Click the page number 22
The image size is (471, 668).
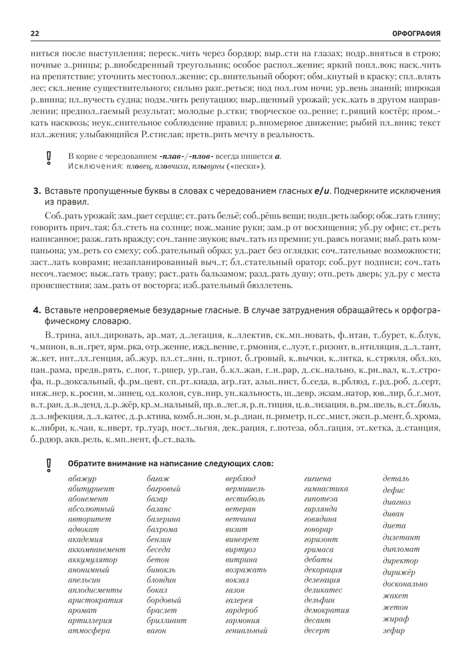(35, 33)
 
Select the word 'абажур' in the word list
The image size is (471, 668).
(82, 479)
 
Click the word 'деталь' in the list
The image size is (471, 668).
(396, 479)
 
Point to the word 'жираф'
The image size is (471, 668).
(396, 619)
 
